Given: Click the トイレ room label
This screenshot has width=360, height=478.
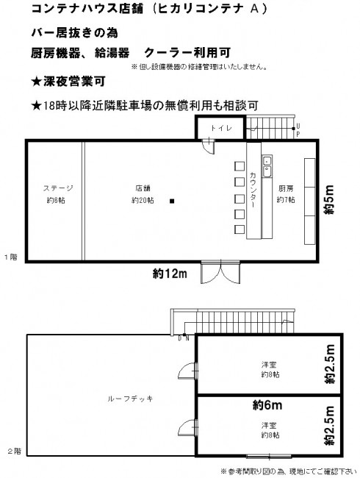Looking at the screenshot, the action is (221, 128).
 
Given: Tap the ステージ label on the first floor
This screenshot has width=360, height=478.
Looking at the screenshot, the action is (58, 188).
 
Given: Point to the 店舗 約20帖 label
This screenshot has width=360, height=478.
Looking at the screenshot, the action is (143, 194).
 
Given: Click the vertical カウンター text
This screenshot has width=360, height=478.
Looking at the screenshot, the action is (253, 189).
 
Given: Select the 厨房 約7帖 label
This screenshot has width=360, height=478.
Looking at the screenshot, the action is (285, 194).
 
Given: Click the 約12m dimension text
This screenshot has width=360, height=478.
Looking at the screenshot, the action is (170, 274).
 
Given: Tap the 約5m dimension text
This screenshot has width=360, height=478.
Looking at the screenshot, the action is (329, 199).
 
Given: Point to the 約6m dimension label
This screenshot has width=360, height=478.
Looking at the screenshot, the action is (267, 405).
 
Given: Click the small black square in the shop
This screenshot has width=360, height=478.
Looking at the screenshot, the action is (172, 201).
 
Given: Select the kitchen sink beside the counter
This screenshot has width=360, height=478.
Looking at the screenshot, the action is (267, 167).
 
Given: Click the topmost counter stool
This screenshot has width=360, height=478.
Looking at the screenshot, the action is (240, 166).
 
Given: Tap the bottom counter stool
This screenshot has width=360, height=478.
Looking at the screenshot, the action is (240, 229).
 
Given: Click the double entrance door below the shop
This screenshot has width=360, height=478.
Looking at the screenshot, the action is (220, 272).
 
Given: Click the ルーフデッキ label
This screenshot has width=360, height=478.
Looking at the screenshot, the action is (130, 399).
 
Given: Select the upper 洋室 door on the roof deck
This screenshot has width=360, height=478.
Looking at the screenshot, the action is (188, 371).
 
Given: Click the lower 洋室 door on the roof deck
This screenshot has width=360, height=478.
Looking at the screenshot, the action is (188, 427).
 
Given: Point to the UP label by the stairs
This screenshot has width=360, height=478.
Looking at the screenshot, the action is (298, 130).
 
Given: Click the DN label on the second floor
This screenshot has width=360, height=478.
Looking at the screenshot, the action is (184, 338).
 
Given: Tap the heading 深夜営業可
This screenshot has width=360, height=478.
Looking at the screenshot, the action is (68, 81).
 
